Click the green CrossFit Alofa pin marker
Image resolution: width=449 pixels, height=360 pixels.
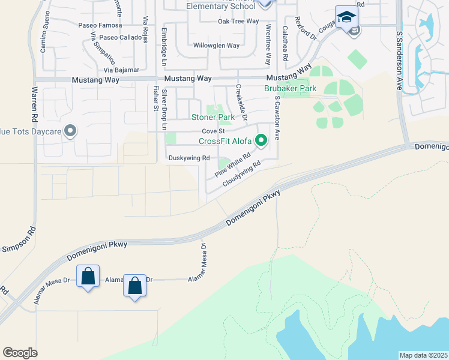261,141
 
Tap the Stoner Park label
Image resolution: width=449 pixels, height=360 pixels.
212,118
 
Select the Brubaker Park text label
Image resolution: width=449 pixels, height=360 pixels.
290,88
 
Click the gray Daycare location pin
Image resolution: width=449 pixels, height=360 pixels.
70,130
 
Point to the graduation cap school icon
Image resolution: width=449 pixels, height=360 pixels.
346,17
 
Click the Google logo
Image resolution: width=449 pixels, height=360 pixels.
20,352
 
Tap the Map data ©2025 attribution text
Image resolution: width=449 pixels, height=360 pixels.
423,355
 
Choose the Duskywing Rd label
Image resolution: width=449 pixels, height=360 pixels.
188,158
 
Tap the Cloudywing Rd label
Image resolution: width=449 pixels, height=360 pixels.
242,173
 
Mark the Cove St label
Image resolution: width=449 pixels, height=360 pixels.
213,131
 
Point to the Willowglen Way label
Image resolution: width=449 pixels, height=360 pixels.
216,46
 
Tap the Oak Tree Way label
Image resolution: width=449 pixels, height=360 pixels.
238,21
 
